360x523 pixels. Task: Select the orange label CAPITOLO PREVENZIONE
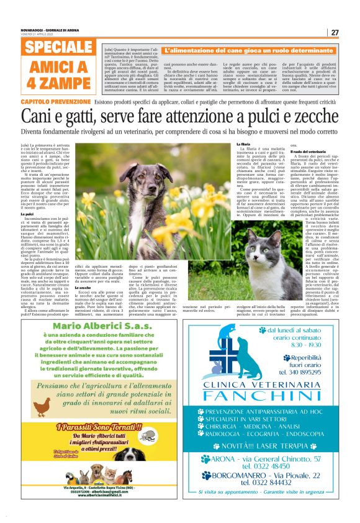(56, 101)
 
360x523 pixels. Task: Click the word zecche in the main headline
(310, 115)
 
